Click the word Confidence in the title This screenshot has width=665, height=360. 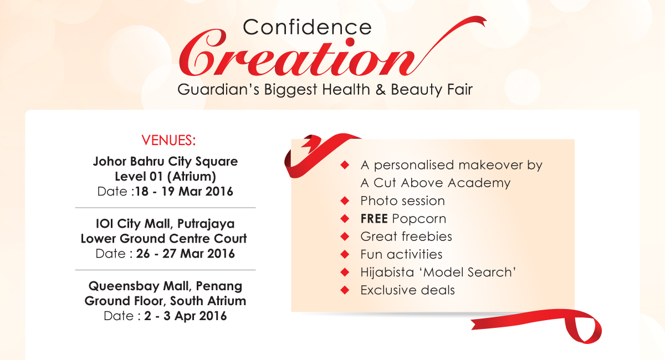click(307, 27)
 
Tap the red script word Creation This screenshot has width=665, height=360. click(297, 56)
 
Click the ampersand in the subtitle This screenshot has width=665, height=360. click(381, 89)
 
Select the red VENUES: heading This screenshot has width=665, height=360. click(168, 140)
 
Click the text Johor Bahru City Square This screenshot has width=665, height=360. click(165, 162)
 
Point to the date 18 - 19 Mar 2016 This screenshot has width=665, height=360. click(184, 192)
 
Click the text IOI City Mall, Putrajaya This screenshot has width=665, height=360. click(165, 224)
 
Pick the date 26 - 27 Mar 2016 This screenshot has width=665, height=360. click(186, 254)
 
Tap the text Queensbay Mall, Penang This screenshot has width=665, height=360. click(165, 286)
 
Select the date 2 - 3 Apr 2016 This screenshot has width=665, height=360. click(186, 316)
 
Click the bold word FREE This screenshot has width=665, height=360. click(374, 219)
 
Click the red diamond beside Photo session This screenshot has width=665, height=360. click(345, 201)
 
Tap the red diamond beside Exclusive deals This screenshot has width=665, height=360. click(345, 290)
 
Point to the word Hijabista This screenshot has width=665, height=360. click(387, 272)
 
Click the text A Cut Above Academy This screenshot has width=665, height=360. click(436, 183)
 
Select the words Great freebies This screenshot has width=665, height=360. click(406, 236)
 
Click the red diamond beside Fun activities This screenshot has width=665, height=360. click(345, 254)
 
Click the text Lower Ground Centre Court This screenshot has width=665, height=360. click(163, 239)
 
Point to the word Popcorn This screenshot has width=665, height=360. click(419, 219)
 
